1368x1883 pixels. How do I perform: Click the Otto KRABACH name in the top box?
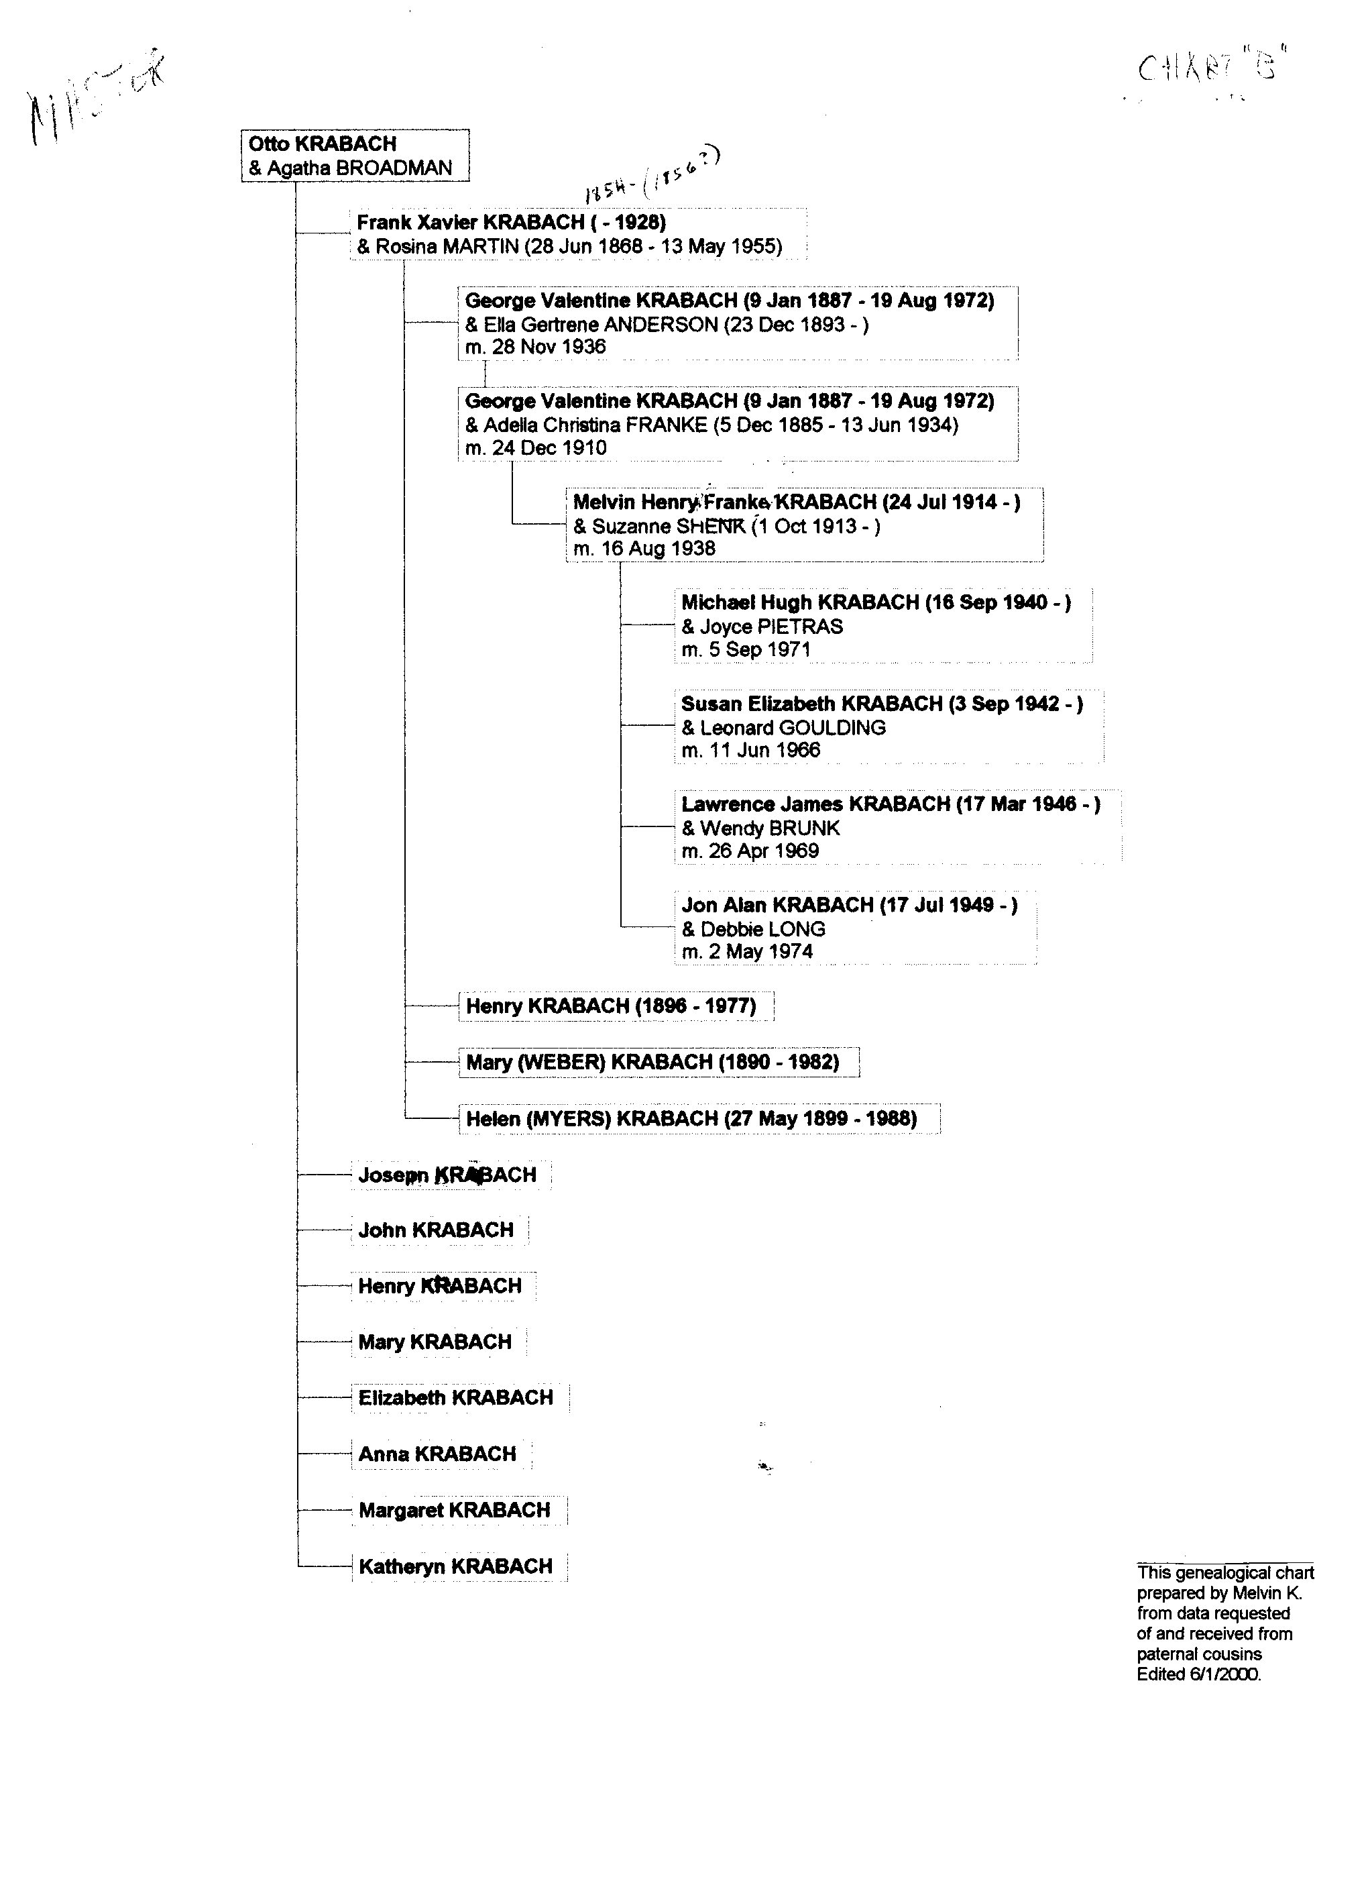322,144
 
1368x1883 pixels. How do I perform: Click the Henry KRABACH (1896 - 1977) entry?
611,1006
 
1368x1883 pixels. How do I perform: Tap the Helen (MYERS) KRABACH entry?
691,1119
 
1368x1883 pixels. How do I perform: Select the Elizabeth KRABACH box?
456,1398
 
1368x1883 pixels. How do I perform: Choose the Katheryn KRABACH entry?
456,1566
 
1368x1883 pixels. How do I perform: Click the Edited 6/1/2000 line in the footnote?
1198,1674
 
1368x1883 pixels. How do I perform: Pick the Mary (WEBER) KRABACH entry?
652,1063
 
